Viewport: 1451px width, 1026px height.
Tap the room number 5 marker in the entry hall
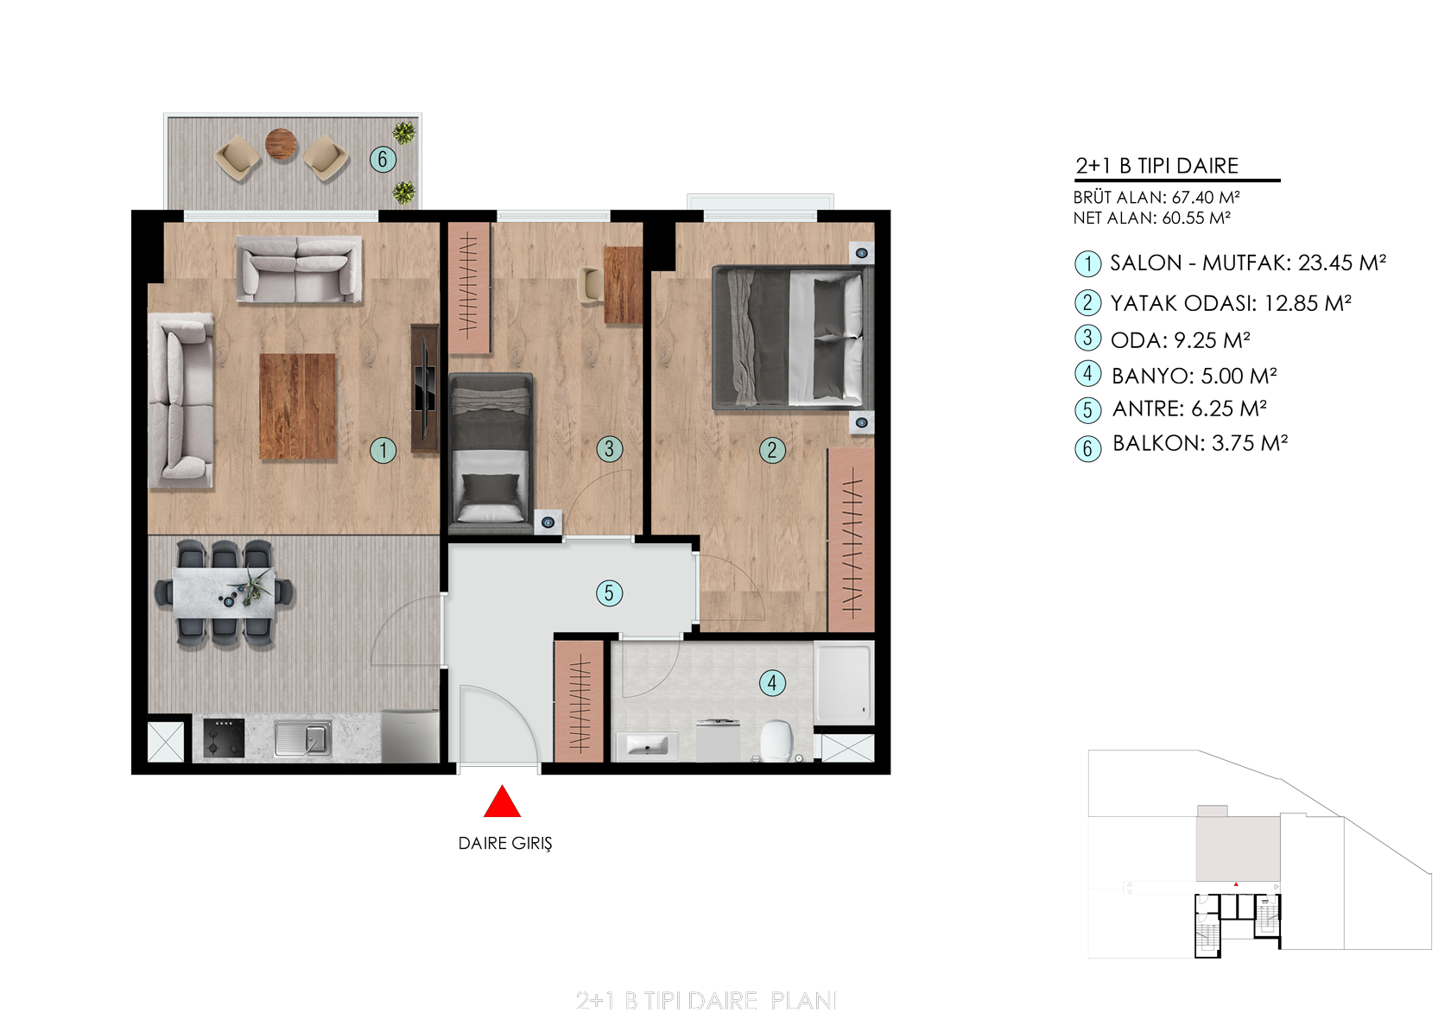point(609,592)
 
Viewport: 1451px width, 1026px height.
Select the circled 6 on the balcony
point(382,159)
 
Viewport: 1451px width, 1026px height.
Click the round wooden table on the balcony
point(282,143)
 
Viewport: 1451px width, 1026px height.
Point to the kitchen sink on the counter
point(303,739)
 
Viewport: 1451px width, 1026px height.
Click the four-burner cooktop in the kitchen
point(225,738)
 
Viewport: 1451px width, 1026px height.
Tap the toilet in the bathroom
point(776,740)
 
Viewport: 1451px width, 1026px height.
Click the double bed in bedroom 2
point(792,338)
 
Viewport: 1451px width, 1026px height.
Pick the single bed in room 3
point(491,448)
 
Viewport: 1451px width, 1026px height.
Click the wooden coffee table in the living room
point(297,406)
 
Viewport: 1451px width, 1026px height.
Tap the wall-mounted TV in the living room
point(425,388)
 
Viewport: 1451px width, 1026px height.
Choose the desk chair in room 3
point(589,284)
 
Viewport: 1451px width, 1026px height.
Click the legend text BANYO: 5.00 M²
point(1194,376)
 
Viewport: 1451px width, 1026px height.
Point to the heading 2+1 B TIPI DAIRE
point(1157,166)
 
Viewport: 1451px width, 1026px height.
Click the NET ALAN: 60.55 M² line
point(1152,218)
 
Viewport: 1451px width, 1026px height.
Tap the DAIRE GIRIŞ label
point(504,843)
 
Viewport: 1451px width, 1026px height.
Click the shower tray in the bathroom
point(844,684)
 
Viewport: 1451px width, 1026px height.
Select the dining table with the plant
point(225,593)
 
